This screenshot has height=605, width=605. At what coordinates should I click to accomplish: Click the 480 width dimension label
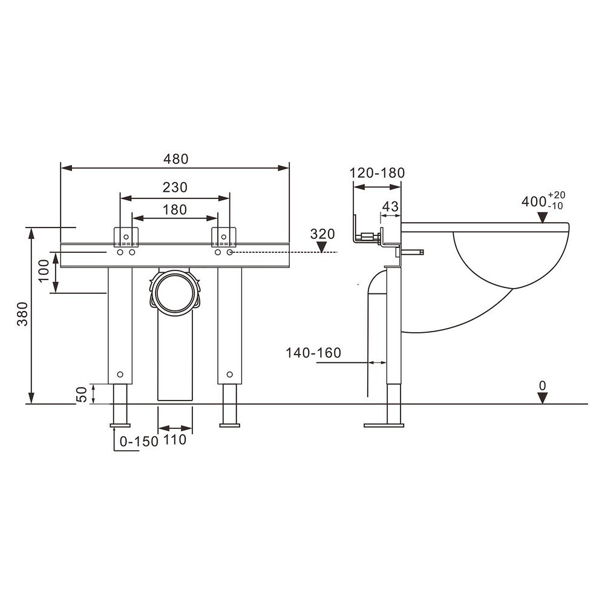175,159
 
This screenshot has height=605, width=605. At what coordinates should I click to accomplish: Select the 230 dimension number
175,187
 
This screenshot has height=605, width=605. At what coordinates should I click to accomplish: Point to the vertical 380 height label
23,313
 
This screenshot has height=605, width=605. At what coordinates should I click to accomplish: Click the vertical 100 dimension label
44,270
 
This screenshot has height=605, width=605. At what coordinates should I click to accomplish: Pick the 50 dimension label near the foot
82,394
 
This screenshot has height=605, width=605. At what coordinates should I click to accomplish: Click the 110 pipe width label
175,439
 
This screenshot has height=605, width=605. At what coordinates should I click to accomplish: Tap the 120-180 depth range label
377,173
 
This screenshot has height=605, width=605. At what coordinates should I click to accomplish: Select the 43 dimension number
390,206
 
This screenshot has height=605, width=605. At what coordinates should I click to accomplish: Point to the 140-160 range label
313,353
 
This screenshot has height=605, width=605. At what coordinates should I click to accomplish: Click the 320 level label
322,234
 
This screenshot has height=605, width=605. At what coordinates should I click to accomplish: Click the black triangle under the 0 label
543,398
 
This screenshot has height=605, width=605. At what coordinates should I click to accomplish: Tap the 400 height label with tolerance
543,201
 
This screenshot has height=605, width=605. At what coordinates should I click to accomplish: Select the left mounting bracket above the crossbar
126,237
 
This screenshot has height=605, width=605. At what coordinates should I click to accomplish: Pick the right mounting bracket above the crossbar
223,237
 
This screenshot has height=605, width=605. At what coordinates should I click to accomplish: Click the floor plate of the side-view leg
384,425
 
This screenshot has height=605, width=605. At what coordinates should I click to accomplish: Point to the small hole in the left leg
120,374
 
